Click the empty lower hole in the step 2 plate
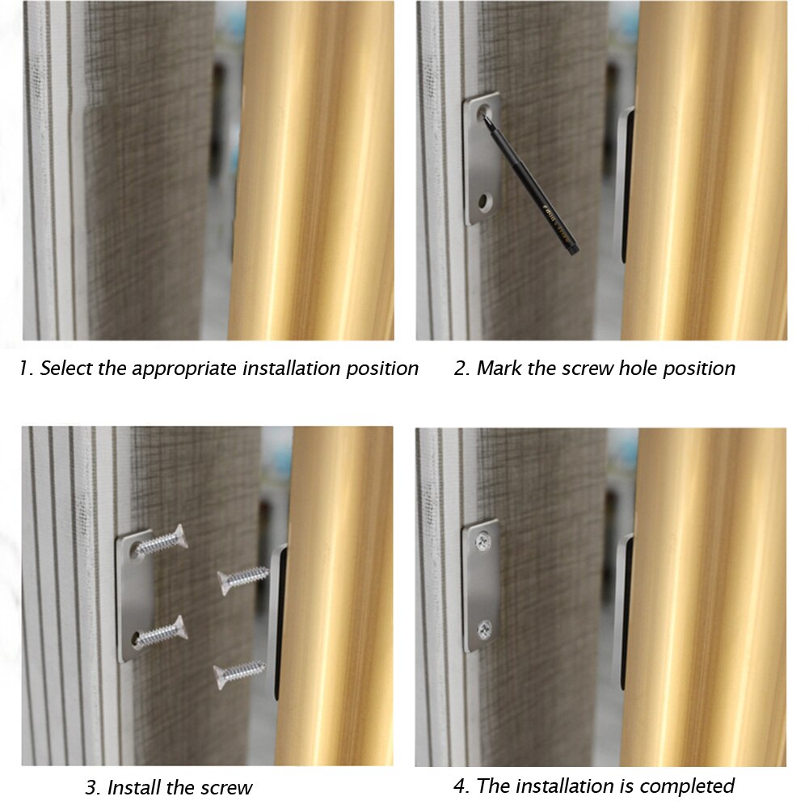[484, 198]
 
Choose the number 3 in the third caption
[91, 787]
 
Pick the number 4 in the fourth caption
[459, 786]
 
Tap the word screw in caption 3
[224, 787]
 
